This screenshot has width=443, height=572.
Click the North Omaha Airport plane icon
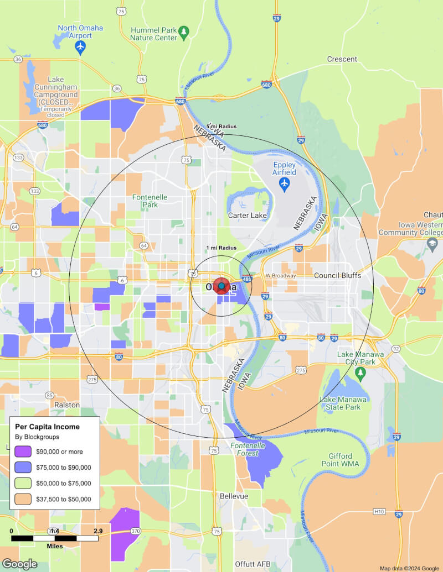coord(81,46)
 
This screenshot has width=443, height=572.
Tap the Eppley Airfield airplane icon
coord(285,183)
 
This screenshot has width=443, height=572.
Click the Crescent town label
coord(342,59)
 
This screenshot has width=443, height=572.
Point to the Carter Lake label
coord(248,215)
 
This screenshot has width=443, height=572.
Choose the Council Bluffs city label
coord(337,275)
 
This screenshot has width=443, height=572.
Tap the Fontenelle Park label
coord(145,201)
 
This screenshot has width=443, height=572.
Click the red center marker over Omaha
coord(221,287)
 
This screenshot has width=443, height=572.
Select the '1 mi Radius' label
coord(221,248)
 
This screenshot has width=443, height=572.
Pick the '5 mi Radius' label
coord(221,127)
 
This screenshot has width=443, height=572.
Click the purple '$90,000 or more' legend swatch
coord(23,452)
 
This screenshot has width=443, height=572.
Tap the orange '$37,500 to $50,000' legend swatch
coord(23,498)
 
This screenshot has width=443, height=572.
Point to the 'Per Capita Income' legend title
coord(47,427)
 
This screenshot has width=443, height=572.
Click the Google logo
coord(19,564)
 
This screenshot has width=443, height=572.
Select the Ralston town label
coord(67,405)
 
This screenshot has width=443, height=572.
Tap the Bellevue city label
coord(234,496)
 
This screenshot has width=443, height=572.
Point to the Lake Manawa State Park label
coord(343,403)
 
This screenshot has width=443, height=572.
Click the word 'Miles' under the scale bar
coord(54,546)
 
